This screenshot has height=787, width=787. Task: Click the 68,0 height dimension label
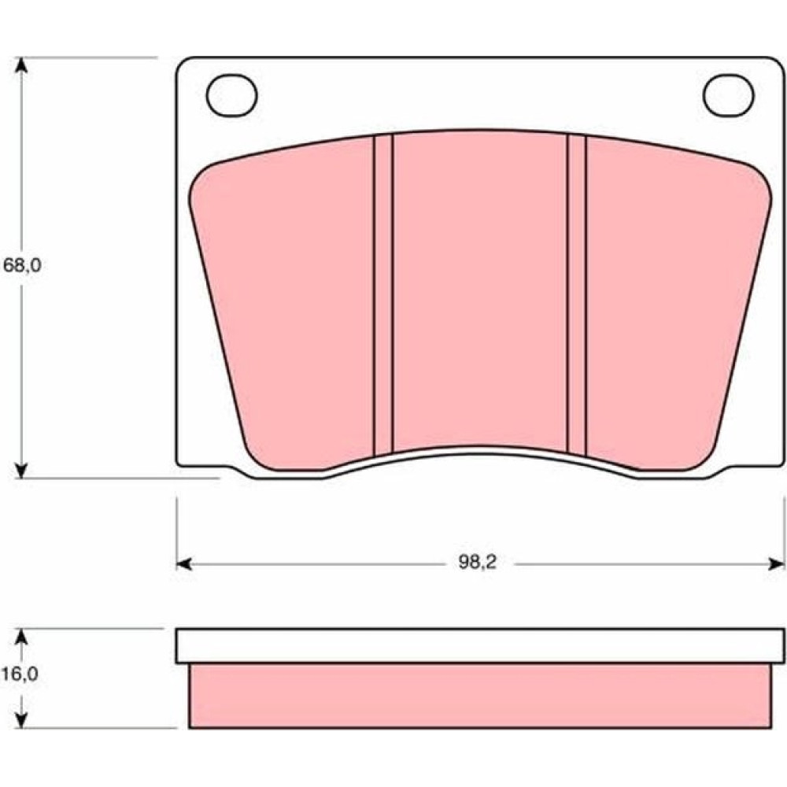[x=22, y=265]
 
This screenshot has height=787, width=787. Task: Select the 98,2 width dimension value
[x=477, y=563]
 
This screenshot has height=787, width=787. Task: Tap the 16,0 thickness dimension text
[x=20, y=674]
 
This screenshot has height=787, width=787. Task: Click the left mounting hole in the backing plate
[x=232, y=95]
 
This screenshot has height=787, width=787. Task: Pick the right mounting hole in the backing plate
[x=728, y=95]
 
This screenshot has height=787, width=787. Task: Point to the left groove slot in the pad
[x=383, y=295]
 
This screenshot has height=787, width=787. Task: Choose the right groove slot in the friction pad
[x=576, y=295]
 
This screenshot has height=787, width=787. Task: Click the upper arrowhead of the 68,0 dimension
[x=20, y=65]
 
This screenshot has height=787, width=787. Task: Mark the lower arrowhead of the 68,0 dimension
[x=20, y=470]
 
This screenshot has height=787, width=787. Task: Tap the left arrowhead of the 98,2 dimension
[x=184, y=564]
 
